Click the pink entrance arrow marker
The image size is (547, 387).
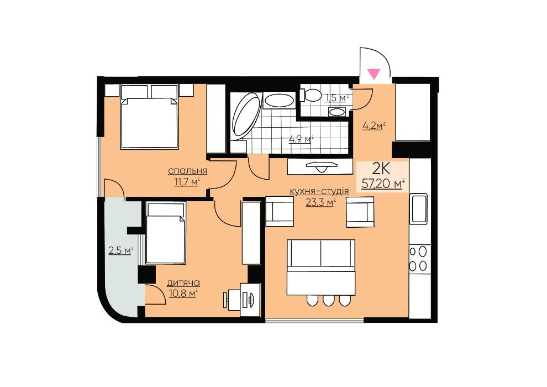coord(374,74)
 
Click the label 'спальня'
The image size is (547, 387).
coord(188,171)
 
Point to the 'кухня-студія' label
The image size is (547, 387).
coord(319,191)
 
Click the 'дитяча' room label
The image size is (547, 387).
coord(183,283)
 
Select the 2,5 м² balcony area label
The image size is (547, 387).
coord(121,250)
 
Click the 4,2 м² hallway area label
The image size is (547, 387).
coord(374,125)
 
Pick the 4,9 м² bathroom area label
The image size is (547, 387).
coord(301,139)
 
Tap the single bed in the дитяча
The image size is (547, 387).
coord(166,233)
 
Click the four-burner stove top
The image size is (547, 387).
coord(418,259)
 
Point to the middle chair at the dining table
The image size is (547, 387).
coord(328,300)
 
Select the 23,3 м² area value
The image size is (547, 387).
coord(320,202)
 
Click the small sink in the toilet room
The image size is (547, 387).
coord(337,112)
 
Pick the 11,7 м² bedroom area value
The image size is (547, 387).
coord(187,182)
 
